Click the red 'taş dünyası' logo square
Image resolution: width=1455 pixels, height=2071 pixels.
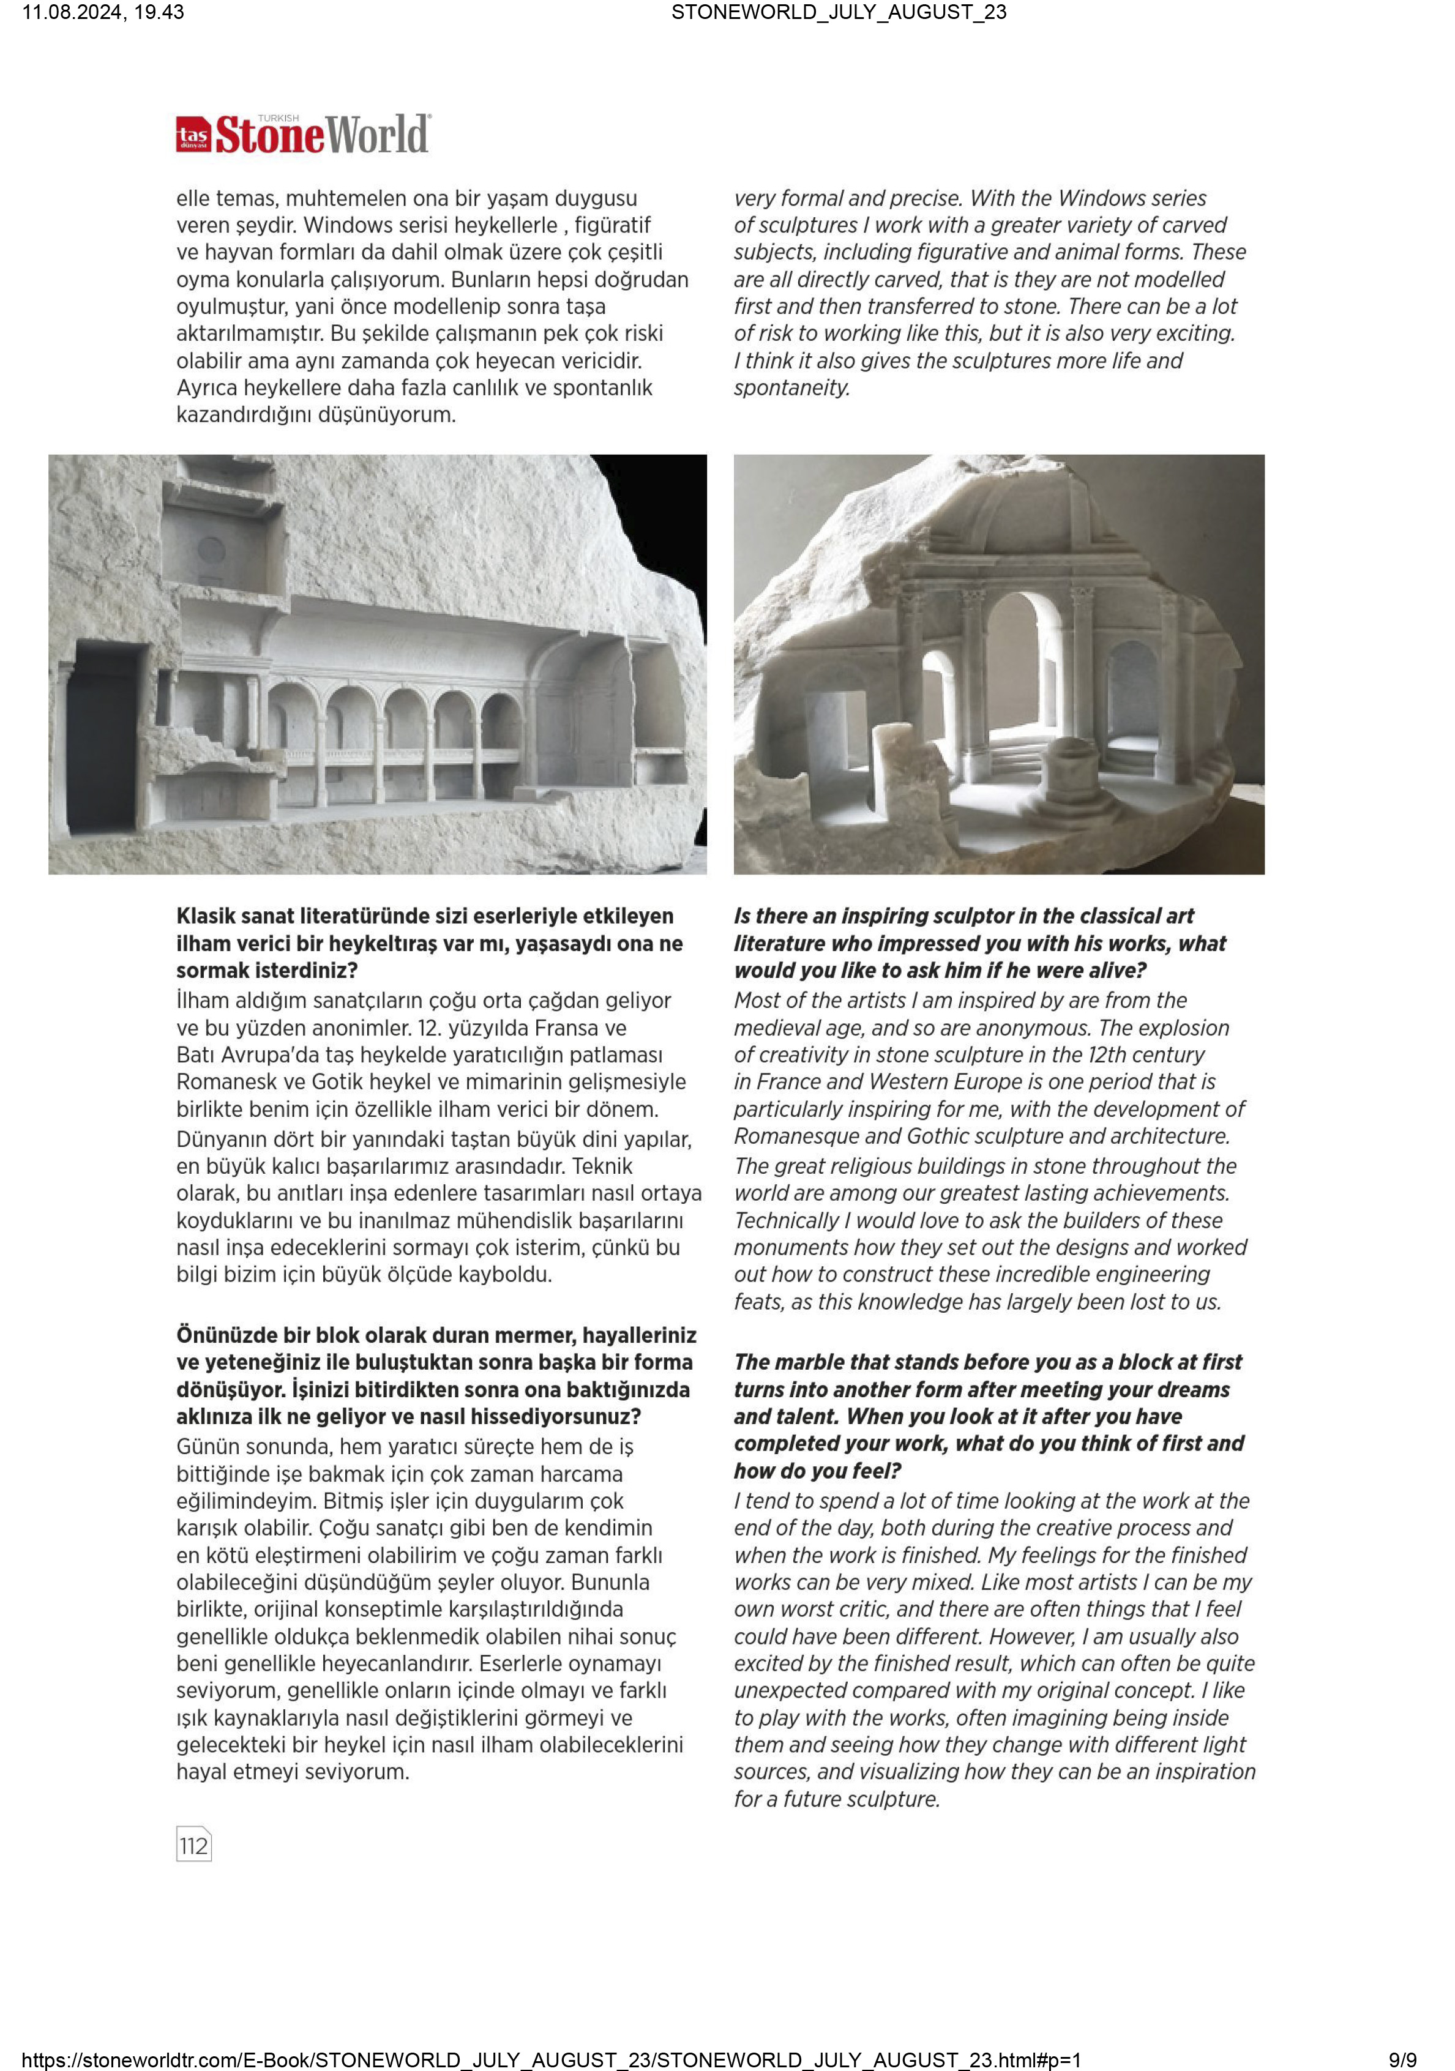[193, 135]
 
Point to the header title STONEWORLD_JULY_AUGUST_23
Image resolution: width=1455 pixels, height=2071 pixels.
[838, 12]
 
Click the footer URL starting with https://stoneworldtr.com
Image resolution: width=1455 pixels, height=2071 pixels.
[551, 2059]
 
